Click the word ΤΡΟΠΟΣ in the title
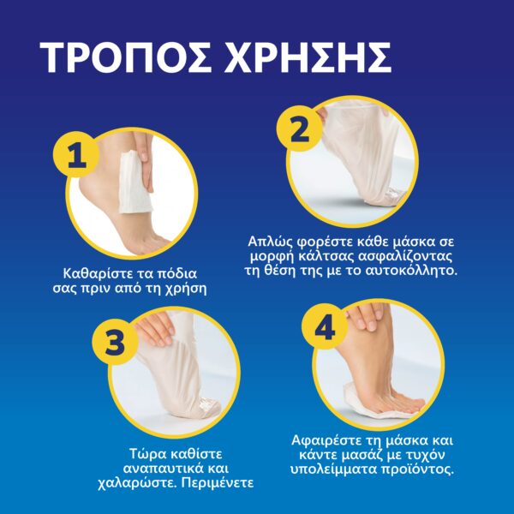[x=126, y=57]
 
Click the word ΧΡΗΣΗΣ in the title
[x=308, y=57]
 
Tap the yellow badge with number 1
[x=76, y=155]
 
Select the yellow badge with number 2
[x=299, y=128]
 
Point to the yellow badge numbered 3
[x=115, y=342]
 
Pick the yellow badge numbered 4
[x=325, y=326]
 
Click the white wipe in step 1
[x=135, y=181]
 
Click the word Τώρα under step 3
[x=146, y=454]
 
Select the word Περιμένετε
[x=218, y=483]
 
